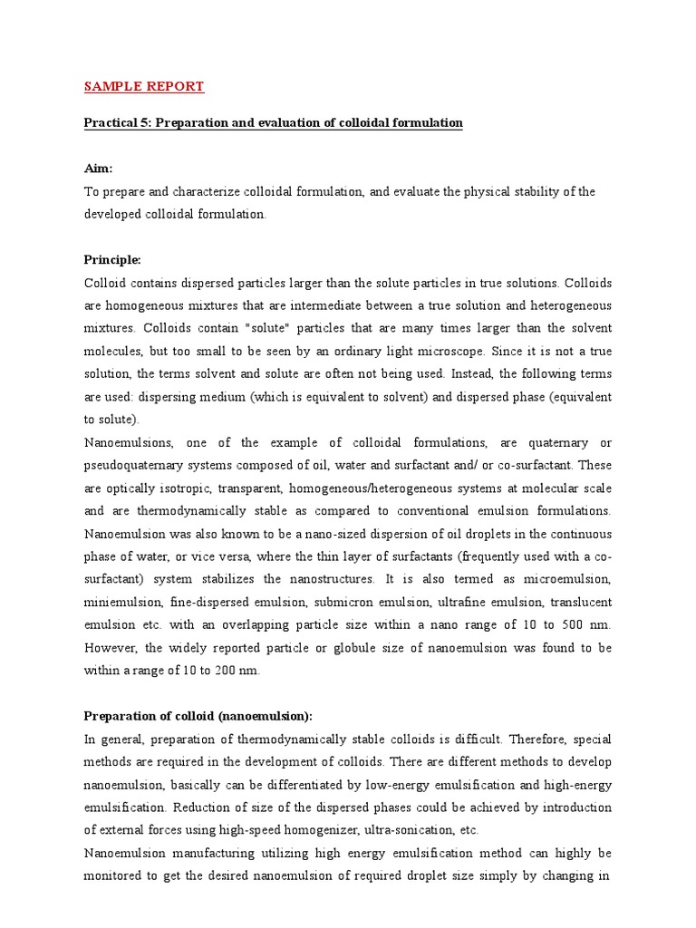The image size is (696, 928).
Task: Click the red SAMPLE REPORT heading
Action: coord(144,87)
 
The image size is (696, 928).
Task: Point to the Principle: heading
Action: coord(112,259)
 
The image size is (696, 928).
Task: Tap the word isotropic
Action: coord(173,488)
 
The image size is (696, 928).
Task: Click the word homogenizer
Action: coord(310,829)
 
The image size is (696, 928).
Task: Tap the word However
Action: coord(111,648)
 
